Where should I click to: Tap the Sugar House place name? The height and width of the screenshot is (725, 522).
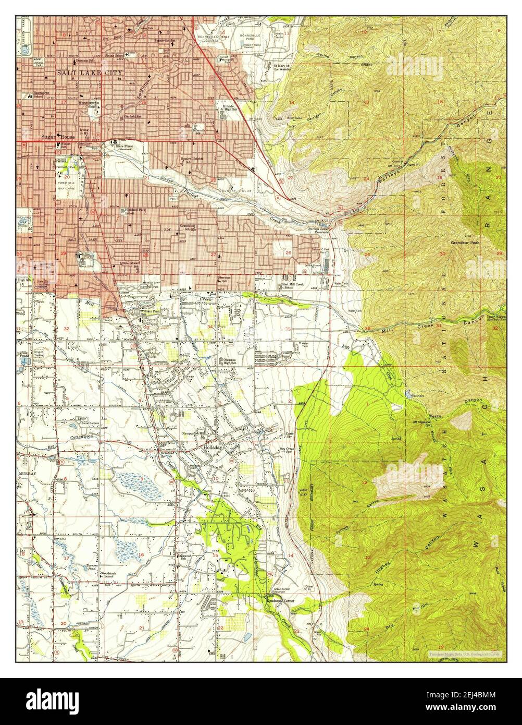pos(58,137)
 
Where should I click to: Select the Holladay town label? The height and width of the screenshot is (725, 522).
pos(212,447)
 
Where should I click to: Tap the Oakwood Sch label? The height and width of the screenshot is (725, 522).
pos(185,558)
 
